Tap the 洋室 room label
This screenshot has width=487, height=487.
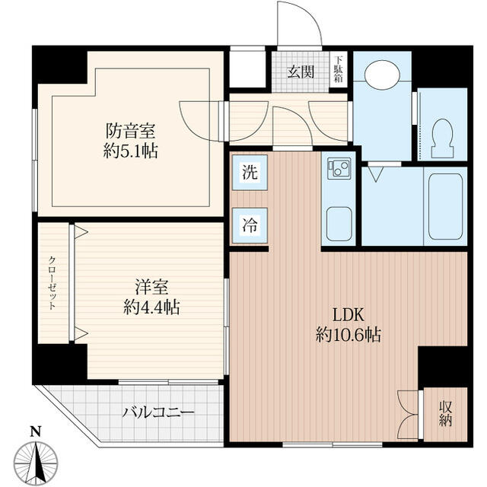pyautogui.click(x=151, y=288)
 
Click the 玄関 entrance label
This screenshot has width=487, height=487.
pyautogui.click(x=301, y=72)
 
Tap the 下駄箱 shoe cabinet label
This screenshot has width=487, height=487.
pyautogui.click(x=339, y=69)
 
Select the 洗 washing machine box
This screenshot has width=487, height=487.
pyautogui.click(x=250, y=172)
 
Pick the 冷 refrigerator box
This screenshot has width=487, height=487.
pyautogui.click(x=250, y=224)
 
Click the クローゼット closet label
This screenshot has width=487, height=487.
pyautogui.click(x=53, y=282)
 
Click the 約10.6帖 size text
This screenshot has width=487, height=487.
pyautogui.click(x=349, y=334)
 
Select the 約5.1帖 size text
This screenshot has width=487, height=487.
pyautogui.click(x=132, y=150)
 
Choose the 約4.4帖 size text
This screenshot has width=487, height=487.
pyautogui.click(x=151, y=308)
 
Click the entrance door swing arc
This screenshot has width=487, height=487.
pyautogui.click(x=298, y=23)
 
